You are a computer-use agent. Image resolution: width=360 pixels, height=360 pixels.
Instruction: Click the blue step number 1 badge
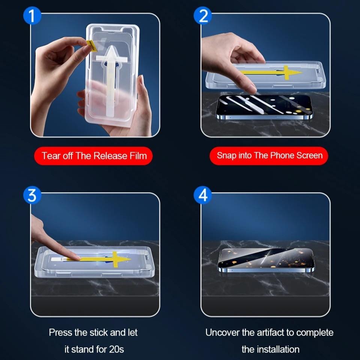[32, 16]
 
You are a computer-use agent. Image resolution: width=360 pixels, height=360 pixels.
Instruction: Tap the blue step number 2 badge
[203, 16]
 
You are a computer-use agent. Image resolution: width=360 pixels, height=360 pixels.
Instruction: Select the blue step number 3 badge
[32, 195]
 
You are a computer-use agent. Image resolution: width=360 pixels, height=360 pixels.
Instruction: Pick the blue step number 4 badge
[203, 195]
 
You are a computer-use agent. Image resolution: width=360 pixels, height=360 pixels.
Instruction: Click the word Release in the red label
[110, 156]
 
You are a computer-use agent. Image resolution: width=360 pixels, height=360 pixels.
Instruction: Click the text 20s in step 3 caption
[116, 349]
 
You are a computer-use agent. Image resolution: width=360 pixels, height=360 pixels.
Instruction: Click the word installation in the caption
[278, 349]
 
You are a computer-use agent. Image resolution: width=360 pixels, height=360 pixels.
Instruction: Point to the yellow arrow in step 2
[271, 72]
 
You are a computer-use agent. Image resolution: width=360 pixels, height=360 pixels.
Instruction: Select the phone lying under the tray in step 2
[264, 107]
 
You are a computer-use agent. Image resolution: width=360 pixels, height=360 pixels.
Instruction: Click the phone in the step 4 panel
[266, 260]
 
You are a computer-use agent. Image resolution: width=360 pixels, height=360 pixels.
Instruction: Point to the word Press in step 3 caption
[60, 333]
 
